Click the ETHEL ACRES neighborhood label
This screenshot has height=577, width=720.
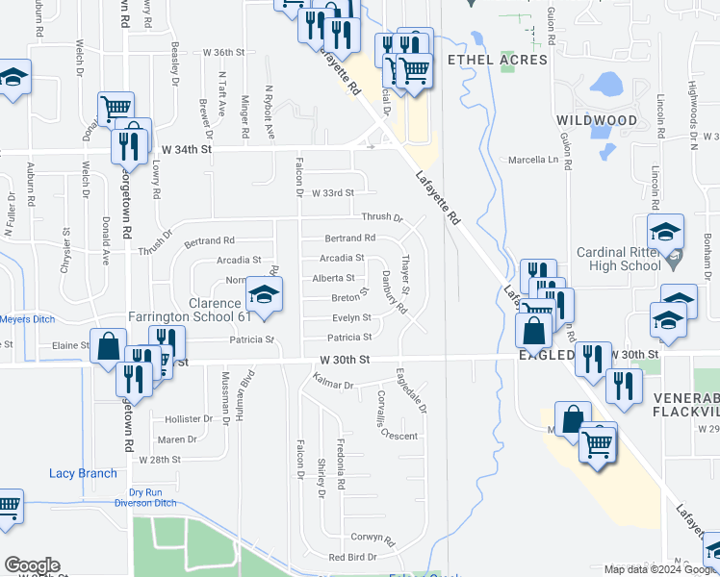[x=498, y=60]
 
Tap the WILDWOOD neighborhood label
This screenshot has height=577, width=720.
[x=597, y=120]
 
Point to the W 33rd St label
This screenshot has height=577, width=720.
[x=332, y=193]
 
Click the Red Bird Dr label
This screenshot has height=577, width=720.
[x=351, y=558]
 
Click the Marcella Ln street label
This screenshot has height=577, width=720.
[x=532, y=160]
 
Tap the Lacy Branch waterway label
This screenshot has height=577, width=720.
[x=83, y=473]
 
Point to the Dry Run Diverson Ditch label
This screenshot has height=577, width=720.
[x=153, y=497]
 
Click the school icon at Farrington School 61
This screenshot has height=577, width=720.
[x=265, y=295]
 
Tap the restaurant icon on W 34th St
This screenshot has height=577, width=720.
[x=126, y=146]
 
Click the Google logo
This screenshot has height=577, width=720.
[x=32, y=565]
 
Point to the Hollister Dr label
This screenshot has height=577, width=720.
[x=188, y=419]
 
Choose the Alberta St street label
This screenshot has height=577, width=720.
[x=333, y=278]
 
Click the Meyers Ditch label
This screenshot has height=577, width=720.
[x=25, y=319]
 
